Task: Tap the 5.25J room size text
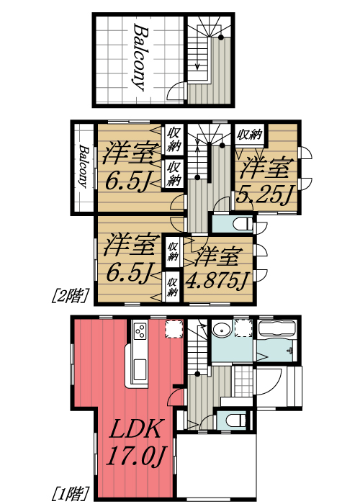[266, 194]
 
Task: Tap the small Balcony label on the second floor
[85, 167]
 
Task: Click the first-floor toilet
[235, 419]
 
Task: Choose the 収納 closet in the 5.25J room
[250, 134]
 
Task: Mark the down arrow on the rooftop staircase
[197, 64]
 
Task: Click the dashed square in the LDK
[174, 330]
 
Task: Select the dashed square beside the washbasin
[243, 328]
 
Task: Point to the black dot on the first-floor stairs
[201, 373]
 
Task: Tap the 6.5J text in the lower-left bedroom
[130, 274]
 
